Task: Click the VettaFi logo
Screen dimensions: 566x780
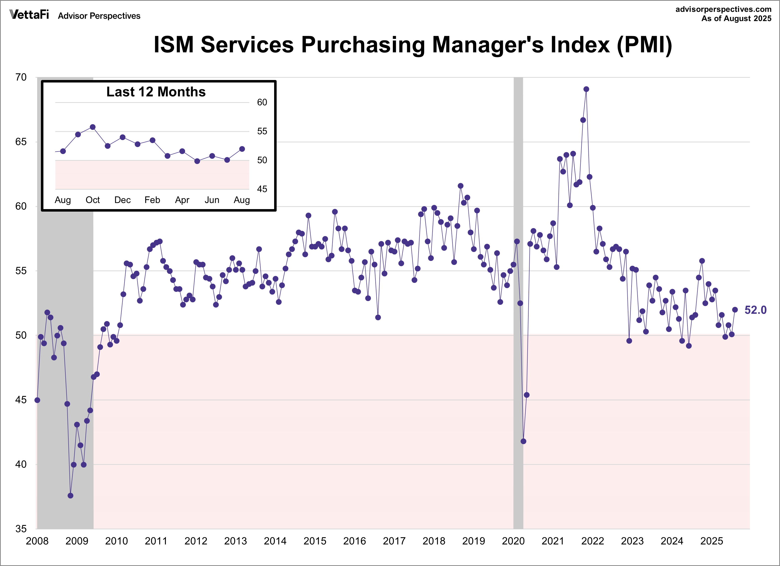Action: point(29,15)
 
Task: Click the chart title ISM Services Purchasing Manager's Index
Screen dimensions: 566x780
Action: point(412,45)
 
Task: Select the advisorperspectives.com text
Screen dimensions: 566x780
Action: point(723,9)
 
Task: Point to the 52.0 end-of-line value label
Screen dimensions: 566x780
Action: point(755,310)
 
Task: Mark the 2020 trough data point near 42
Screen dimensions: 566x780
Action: point(523,441)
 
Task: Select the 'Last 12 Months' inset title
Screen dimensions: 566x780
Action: point(156,92)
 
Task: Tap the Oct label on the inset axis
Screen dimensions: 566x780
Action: point(93,200)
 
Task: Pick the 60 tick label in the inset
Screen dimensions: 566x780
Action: point(262,102)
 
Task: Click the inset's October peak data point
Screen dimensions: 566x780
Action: point(93,127)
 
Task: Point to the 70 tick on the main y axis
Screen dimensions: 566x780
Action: point(21,77)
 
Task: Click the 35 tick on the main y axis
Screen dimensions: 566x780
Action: point(21,529)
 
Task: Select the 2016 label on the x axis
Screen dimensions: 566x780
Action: point(354,541)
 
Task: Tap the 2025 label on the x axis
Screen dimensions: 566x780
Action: point(712,541)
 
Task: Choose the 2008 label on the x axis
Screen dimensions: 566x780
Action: point(37,541)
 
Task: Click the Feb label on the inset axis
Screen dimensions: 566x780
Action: point(152,200)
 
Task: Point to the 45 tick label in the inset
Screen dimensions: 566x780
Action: point(262,189)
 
